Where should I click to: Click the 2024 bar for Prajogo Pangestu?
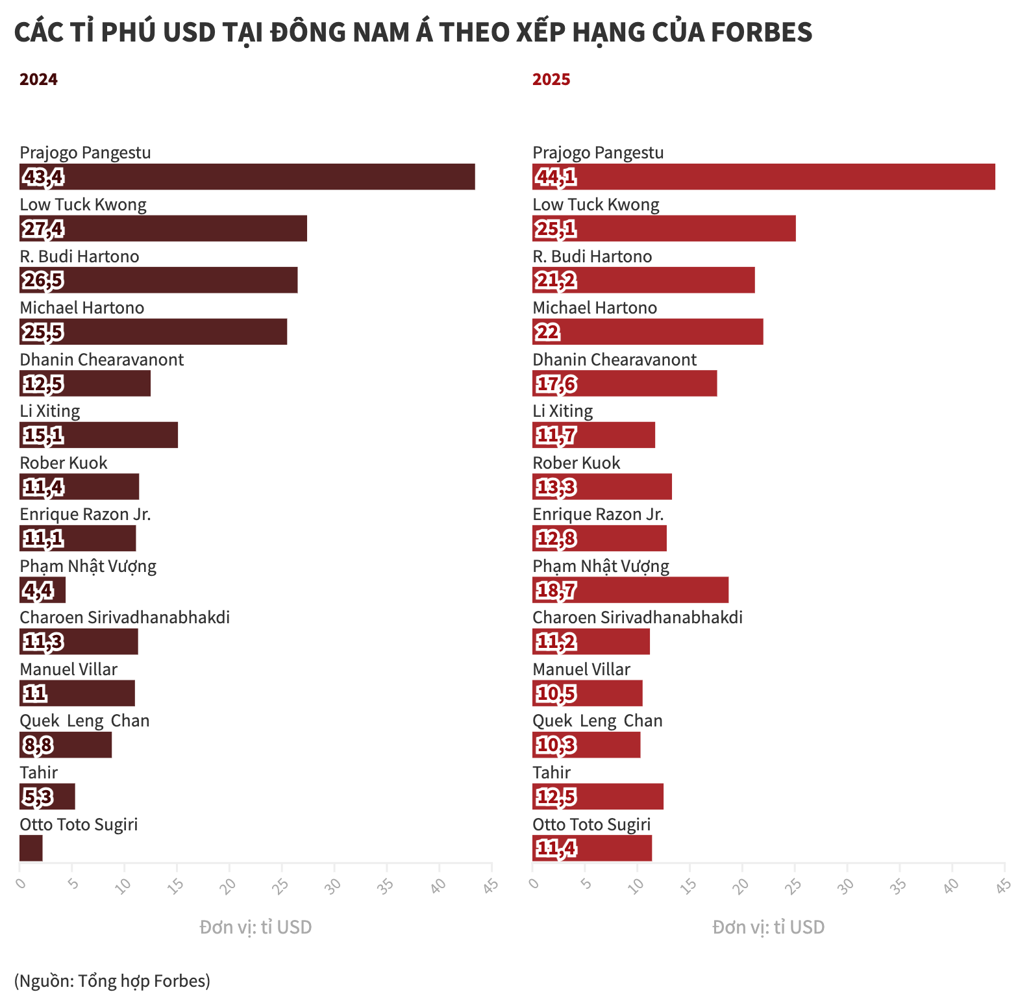point(247,177)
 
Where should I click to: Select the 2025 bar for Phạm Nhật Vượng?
point(630,590)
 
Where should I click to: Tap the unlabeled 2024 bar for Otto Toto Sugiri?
point(31,849)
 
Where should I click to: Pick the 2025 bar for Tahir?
point(597,797)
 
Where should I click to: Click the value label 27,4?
point(43,229)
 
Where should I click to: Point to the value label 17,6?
point(556,384)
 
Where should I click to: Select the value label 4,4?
point(38,590)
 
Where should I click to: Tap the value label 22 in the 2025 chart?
point(547,332)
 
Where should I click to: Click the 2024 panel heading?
point(38,79)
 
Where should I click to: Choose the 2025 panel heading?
point(551,79)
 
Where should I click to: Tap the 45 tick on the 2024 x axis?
point(491,884)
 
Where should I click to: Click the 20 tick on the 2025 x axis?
point(741,884)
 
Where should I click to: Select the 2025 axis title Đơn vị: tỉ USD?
point(768,927)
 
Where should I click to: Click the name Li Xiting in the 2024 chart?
point(50,411)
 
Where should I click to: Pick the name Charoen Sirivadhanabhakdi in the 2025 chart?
point(638,617)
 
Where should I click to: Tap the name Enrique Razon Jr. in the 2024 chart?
point(85,514)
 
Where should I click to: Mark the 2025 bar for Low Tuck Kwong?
point(664,229)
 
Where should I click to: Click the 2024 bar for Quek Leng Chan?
point(66,745)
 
